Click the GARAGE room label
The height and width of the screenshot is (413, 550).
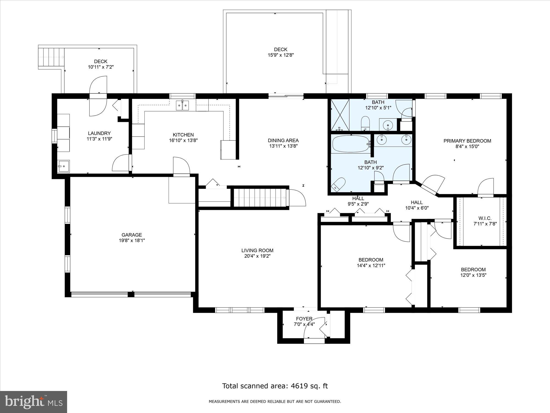[132, 235]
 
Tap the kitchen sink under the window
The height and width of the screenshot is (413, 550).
[183, 106]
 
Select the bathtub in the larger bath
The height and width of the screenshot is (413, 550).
[351, 144]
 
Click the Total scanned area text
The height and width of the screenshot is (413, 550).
[275, 386]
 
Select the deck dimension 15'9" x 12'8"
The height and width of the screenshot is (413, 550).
[280, 55]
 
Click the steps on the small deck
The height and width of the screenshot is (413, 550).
[51, 57]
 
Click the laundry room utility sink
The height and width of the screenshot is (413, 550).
[64, 166]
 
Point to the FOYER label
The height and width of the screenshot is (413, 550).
[304, 319]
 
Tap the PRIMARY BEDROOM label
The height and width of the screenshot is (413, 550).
[467, 141]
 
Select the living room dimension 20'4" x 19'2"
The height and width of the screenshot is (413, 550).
[257, 256]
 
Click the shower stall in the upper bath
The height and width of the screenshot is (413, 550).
[340, 115]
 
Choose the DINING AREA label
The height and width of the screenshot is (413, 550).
[283, 140]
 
